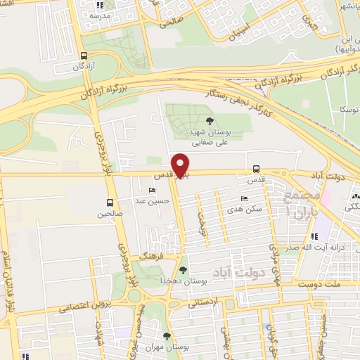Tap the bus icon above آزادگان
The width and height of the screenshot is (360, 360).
(84, 56)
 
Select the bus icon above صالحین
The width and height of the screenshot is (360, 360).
(110, 202)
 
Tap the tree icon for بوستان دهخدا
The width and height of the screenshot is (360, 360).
(183, 271)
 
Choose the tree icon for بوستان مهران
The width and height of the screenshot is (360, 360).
(166, 336)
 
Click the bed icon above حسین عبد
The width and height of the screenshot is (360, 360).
(153, 191)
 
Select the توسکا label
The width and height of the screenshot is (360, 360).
(349, 110)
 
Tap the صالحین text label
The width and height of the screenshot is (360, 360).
(110, 212)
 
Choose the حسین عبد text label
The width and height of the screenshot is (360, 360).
(157, 201)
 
